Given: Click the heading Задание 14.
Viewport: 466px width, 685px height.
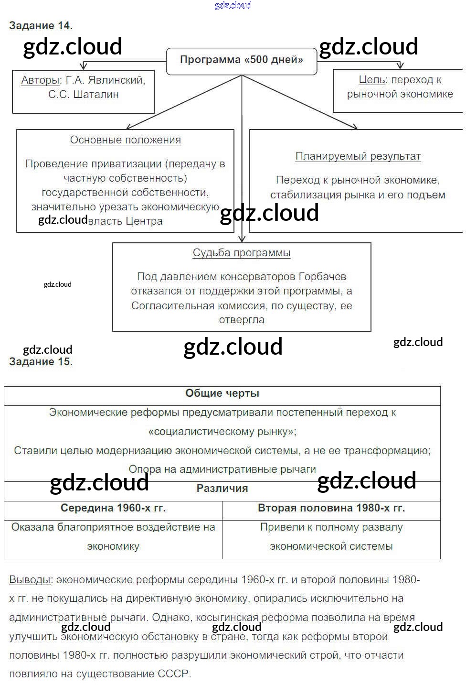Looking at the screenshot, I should (x=41, y=26).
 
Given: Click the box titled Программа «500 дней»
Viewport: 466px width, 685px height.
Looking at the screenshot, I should (x=241, y=60).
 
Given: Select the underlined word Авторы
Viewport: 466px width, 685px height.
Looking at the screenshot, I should (x=40, y=80).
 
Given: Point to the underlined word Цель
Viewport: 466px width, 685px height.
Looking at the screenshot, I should (x=371, y=80).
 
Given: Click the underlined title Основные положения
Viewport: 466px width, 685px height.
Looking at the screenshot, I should (x=125, y=140).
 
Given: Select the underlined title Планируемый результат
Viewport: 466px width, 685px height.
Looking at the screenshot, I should (x=358, y=156).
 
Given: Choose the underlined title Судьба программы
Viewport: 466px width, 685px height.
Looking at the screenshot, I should (x=242, y=253).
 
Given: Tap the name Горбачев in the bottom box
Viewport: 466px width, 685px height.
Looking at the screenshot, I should (x=322, y=277).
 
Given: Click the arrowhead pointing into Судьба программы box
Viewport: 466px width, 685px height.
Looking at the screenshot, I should (x=242, y=239).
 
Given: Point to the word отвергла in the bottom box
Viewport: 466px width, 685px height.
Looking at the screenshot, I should (x=242, y=320).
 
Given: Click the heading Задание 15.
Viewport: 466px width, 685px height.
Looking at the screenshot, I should (x=41, y=362).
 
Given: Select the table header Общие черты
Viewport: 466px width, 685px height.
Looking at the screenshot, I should (x=222, y=393).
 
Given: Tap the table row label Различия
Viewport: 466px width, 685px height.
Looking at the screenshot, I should (x=222, y=489).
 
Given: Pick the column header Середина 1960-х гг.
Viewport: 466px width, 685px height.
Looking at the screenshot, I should (x=113, y=508).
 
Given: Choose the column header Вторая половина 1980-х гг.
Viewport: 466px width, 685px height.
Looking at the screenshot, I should (x=331, y=508).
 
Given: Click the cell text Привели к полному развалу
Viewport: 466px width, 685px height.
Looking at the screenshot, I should (x=331, y=527).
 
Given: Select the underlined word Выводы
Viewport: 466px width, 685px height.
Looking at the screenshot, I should (x=30, y=580).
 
